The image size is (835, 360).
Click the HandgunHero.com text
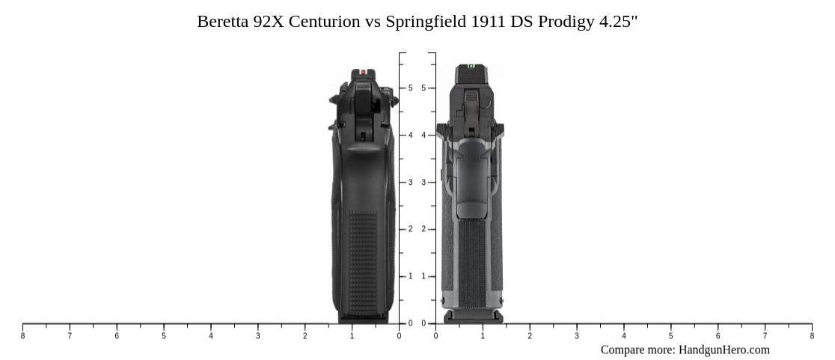point(724,350)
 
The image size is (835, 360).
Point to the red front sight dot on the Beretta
point(364,73)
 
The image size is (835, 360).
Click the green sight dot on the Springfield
point(471,66)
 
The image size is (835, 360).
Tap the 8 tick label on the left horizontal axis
point(22,336)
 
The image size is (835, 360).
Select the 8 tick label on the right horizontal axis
point(812,336)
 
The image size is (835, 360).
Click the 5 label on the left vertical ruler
point(410,88)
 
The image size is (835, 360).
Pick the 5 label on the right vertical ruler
point(423,88)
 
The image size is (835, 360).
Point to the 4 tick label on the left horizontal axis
point(211,336)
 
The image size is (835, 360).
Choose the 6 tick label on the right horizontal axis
point(718,336)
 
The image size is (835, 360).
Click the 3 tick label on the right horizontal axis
point(577,336)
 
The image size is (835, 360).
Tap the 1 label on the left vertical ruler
point(410,276)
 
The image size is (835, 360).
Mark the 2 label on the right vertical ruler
point(423,229)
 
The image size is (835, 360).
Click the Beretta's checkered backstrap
point(363,262)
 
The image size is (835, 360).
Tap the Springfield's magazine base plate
point(473,317)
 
